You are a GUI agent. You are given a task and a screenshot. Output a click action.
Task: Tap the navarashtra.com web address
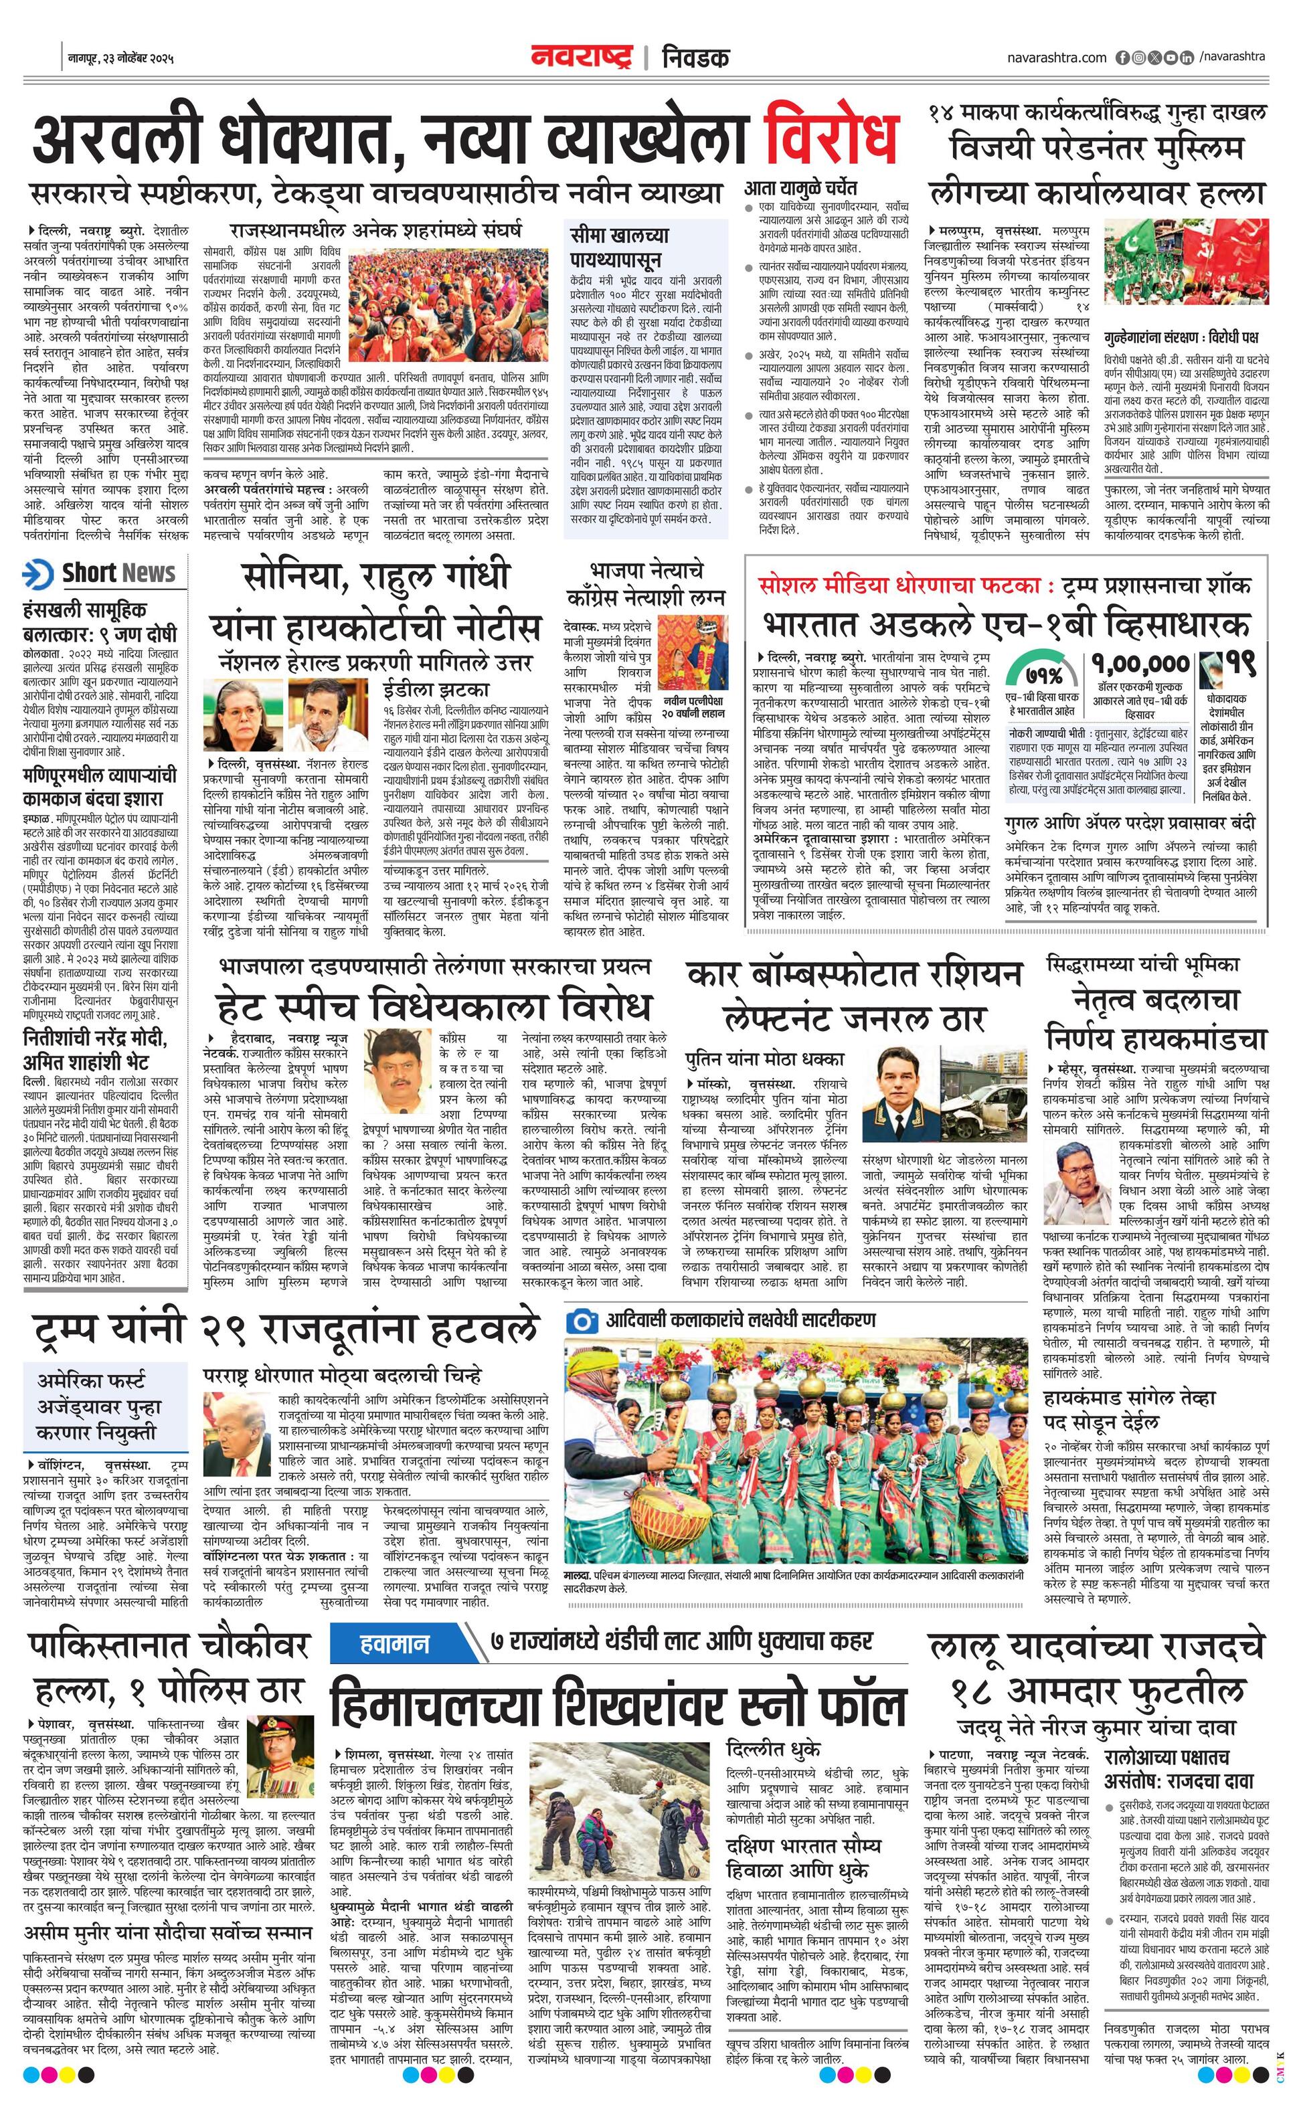(1056, 57)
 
